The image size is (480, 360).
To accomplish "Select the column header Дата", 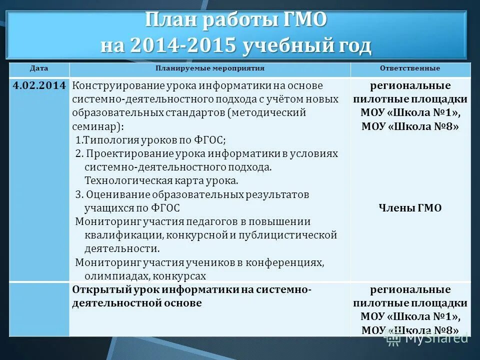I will pos(38,68).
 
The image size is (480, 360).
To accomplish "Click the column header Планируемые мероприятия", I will pos(209,68).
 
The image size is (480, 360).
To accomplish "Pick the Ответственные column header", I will pos(410,68).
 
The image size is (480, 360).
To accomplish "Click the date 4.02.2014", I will pos(39,85).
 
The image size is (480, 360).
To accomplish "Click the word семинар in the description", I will pos(94,126).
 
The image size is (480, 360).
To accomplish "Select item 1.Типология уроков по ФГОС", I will pos(150,140).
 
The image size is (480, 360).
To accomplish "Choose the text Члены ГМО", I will pos(410,208).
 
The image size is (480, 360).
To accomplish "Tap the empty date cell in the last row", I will pos(39,309).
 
